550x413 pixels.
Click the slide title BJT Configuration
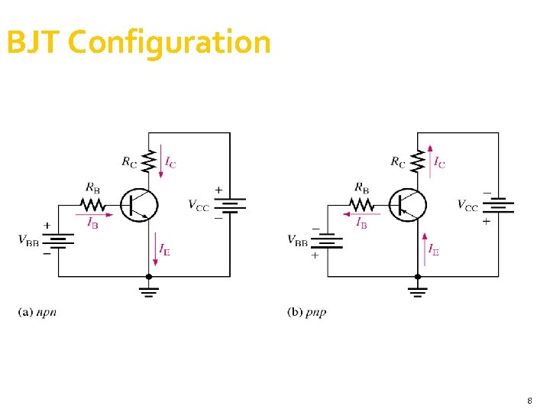138,42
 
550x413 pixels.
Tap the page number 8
529,401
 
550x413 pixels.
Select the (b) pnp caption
306,311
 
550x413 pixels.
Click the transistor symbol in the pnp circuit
409,204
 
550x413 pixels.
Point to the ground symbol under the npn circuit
150,290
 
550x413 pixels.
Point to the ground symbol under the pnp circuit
418,290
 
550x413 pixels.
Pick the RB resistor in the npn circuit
93,204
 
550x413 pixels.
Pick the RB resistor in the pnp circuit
362,204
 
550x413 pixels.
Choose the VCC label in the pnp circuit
467,204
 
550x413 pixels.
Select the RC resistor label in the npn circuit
131,161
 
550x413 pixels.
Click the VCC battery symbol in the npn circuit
229,204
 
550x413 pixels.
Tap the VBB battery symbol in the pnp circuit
328,241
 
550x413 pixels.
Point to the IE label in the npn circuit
165,249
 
